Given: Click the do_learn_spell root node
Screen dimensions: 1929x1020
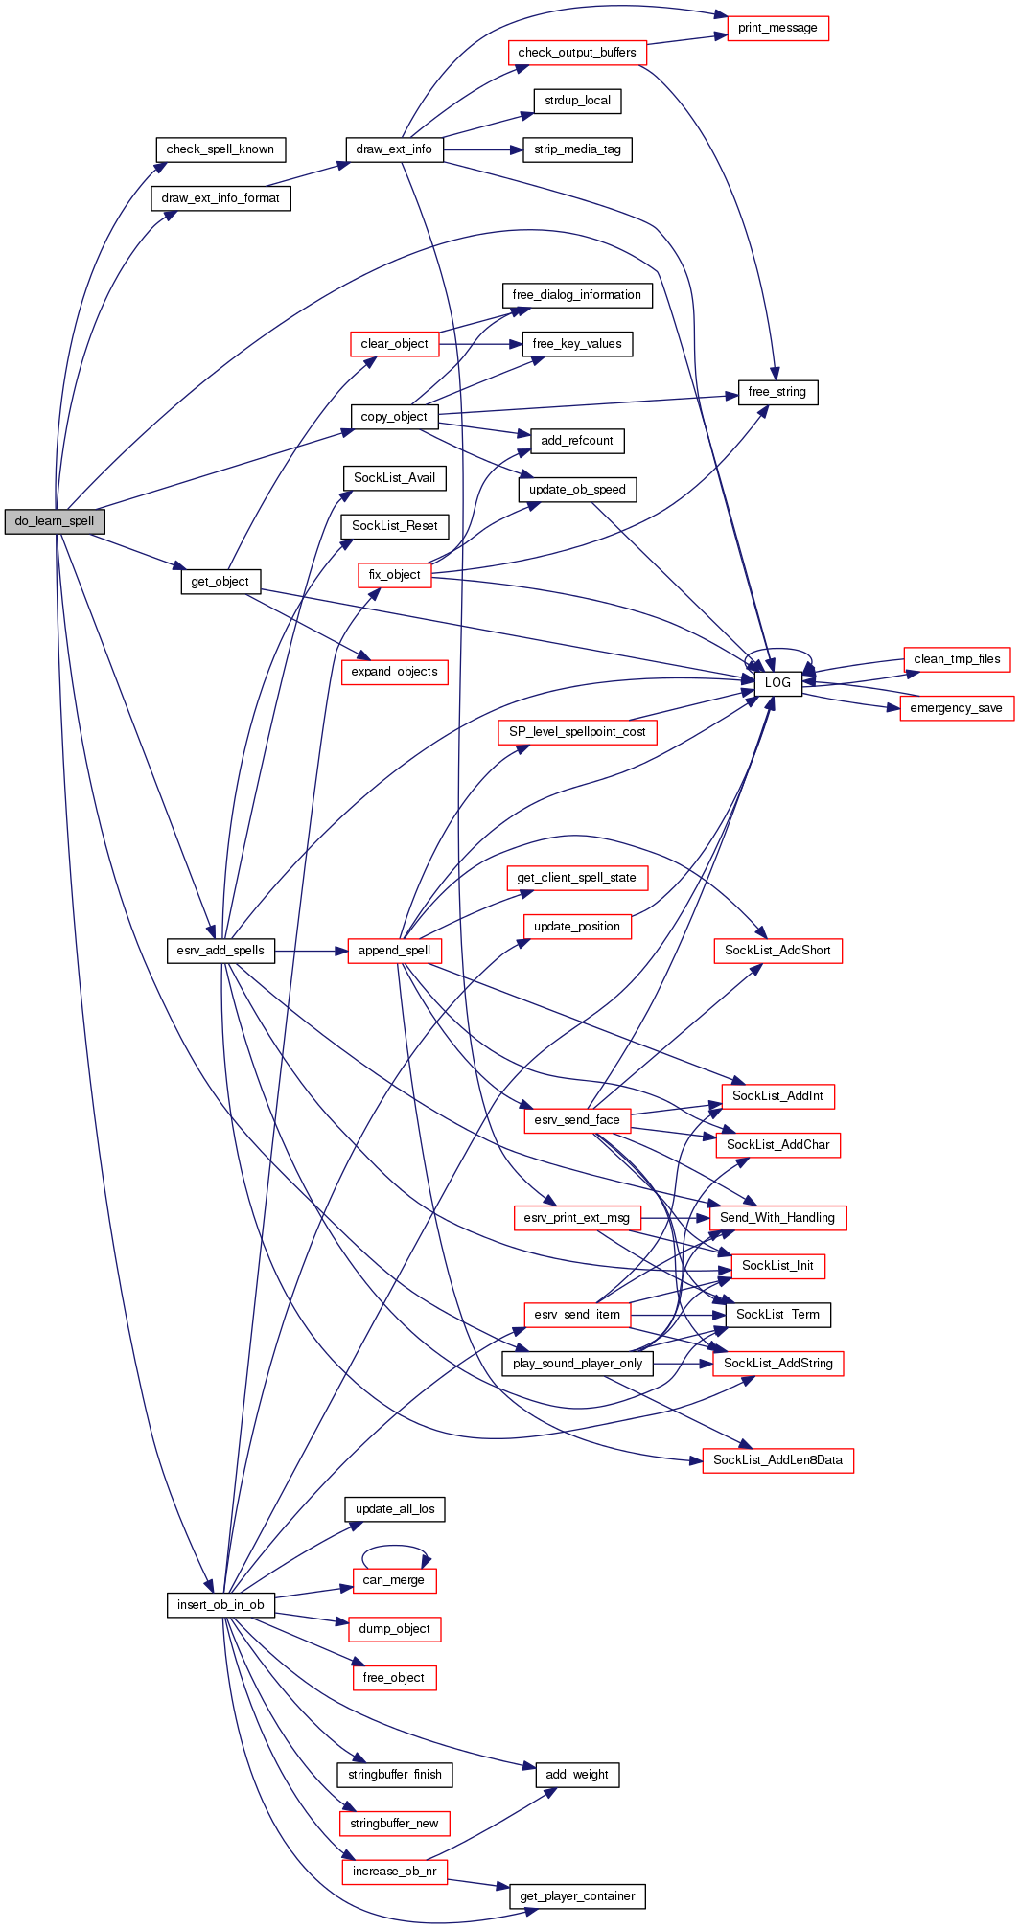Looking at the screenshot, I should pos(55,521).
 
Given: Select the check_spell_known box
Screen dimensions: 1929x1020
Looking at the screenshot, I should pos(220,149).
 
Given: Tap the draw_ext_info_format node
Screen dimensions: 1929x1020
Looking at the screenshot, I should pos(220,198).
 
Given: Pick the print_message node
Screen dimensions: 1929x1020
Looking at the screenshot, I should pos(777,28).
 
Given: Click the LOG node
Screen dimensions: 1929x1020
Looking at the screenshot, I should pos(777,682).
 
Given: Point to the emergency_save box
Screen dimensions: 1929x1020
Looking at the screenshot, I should pos(956,708).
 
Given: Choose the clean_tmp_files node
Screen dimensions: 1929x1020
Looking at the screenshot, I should pos(957,659).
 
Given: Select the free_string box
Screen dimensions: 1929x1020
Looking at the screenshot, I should pos(777,392).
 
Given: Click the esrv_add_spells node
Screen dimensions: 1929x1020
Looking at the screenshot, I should pos(220,951).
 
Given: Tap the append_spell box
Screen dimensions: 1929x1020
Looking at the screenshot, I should pos(394,951).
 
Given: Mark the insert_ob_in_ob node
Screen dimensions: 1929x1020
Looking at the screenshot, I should pos(220,1605).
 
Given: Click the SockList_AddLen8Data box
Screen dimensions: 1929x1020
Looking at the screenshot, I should pos(777,1460).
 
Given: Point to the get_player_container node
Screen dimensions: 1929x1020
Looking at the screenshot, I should pos(577,1896).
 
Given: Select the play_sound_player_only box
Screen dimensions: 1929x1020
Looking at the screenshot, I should pos(577,1364).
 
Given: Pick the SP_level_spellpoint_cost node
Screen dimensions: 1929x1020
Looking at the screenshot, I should pos(577,732).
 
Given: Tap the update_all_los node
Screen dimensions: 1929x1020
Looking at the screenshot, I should pos(394,1509).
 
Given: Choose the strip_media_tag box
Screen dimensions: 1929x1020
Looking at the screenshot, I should pos(577,149).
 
